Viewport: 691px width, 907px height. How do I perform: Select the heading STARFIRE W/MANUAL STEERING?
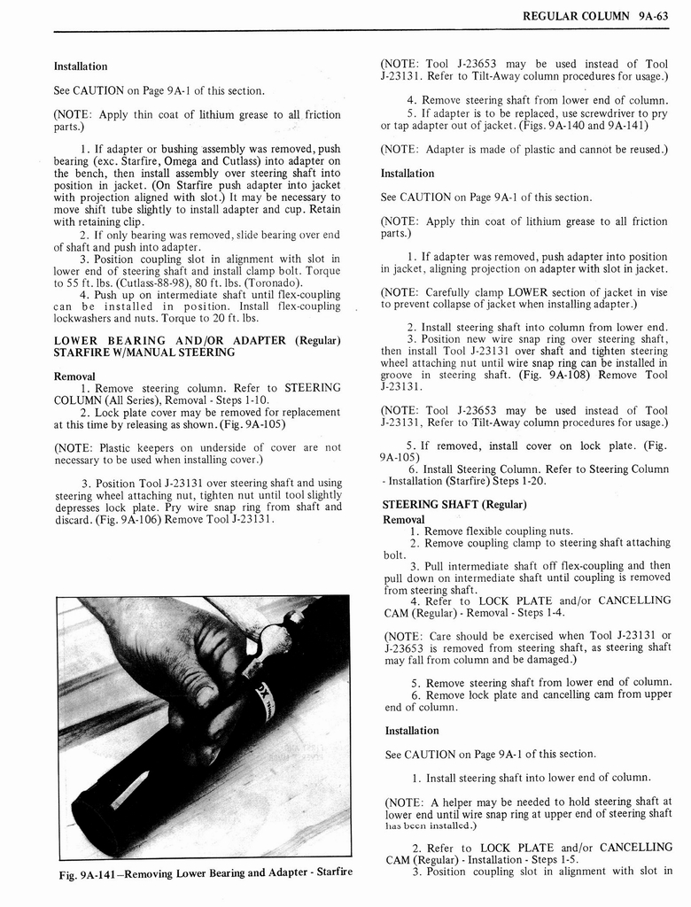pyautogui.click(x=144, y=353)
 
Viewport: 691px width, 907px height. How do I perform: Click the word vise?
pyautogui.click(x=659, y=291)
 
